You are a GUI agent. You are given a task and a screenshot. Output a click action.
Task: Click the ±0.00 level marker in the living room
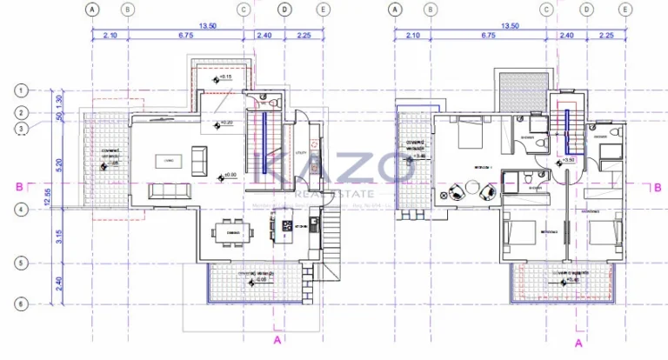pyautogui.click(x=228, y=175)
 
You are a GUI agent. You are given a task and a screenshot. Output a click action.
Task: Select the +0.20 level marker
pyautogui.click(x=222, y=123)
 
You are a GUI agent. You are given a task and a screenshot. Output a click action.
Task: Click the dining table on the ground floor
pyautogui.click(x=234, y=233)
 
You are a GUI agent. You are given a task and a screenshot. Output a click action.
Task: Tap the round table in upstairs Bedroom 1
pyautogui.click(x=473, y=187)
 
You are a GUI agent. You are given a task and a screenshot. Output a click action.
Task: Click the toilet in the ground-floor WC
pyautogui.click(x=273, y=103)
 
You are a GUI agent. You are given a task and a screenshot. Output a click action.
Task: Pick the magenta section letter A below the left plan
pyautogui.click(x=277, y=339)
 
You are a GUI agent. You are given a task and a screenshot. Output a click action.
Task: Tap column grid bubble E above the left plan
pyautogui.click(x=324, y=10)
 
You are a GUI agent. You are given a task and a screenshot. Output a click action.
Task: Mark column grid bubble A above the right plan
pyautogui.click(x=396, y=10)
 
